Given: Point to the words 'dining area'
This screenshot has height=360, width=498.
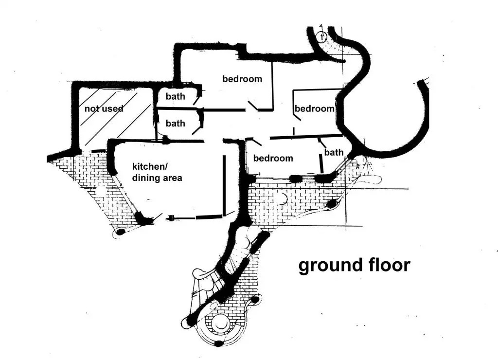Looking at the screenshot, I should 157,178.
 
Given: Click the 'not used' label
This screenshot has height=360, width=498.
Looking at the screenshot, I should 104,108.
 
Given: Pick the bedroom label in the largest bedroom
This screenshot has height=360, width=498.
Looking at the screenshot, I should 242,79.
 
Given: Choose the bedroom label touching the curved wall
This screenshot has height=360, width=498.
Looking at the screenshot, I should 315,108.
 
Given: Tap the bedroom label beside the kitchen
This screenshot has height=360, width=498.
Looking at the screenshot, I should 273,158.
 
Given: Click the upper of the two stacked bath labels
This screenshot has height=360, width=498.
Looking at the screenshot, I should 175,96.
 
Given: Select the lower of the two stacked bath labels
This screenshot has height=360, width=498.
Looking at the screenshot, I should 175,124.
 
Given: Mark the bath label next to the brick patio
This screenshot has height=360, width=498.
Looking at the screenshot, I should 334,152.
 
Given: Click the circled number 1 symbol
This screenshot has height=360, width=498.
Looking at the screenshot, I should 320,36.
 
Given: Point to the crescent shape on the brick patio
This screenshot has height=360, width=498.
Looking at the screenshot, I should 284,198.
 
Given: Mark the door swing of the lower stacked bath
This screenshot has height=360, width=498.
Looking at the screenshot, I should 197,128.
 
